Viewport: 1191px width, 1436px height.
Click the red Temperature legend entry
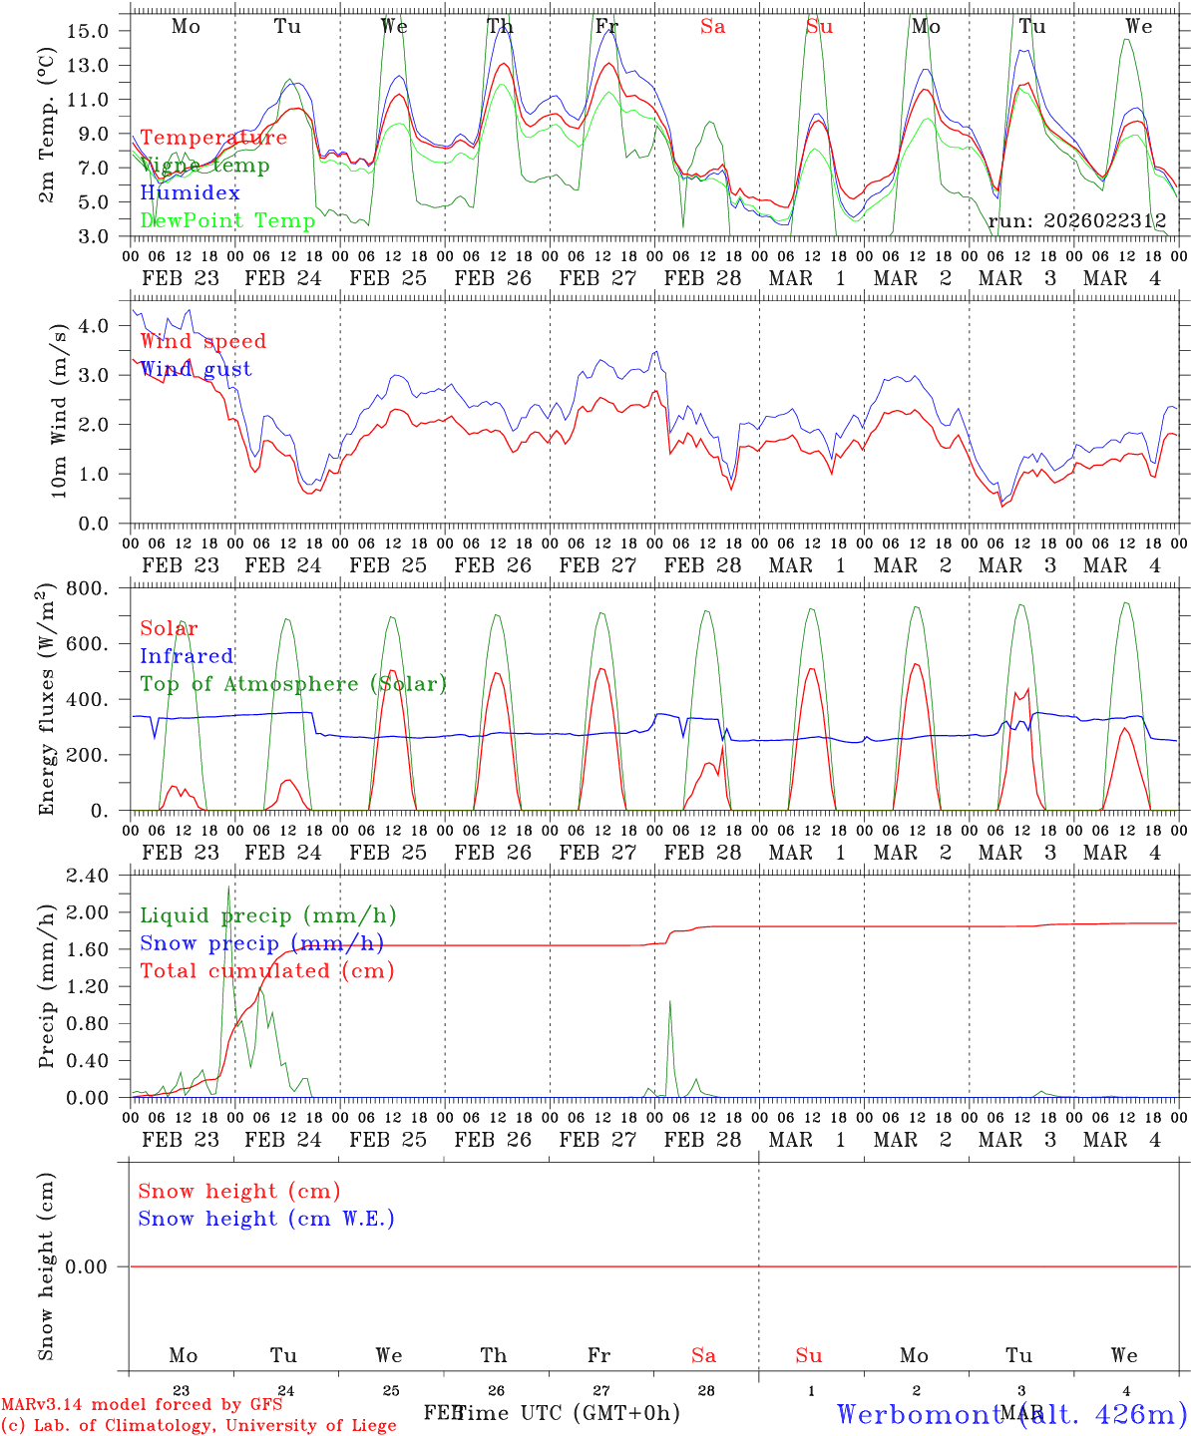213,138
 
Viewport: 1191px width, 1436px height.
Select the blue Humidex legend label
190,193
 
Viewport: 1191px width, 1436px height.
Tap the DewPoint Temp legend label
227,220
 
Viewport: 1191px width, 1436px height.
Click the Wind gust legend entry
196,369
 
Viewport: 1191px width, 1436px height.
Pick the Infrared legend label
187,656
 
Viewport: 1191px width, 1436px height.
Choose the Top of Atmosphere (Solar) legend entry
292,684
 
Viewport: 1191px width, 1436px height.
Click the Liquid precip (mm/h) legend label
267,915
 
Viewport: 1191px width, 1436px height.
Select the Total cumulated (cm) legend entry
266,971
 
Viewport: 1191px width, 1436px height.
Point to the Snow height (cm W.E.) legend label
266,1219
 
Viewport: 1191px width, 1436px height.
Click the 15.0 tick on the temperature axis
88,31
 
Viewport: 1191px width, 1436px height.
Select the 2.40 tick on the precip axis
87,876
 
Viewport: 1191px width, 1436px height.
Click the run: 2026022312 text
1076,220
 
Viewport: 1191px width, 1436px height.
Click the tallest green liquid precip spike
228,887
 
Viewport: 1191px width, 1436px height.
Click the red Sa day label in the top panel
712,27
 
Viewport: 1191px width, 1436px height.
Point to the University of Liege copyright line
198,1425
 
